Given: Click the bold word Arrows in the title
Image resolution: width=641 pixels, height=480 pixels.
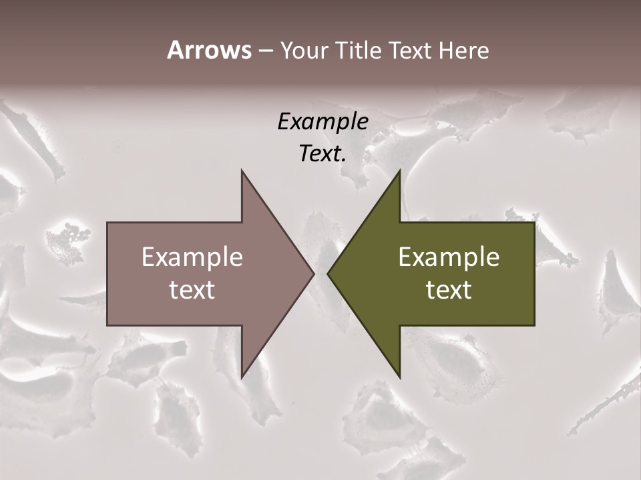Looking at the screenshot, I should (209, 50).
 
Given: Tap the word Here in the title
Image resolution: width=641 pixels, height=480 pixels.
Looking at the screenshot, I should (463, 50).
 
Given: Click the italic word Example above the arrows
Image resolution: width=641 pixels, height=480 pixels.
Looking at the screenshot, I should (323, 121).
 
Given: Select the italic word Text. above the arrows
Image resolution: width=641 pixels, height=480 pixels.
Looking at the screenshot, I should (323, 154).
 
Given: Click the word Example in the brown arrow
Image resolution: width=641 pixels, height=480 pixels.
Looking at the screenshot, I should (192, 257).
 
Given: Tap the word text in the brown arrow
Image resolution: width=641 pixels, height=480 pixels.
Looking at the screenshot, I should (192, 290).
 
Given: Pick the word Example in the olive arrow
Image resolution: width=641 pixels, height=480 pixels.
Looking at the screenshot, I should (449, 257).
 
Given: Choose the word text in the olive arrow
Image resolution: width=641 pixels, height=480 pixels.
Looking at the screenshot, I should (449, 290).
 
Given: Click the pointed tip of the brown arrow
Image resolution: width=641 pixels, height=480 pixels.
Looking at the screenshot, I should (312, 273).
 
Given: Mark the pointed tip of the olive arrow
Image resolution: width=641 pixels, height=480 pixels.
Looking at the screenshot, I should (329, 273).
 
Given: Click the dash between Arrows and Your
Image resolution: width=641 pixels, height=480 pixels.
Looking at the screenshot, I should (265, 51).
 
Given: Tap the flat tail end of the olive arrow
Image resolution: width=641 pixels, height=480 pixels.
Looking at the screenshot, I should (533, 273).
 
